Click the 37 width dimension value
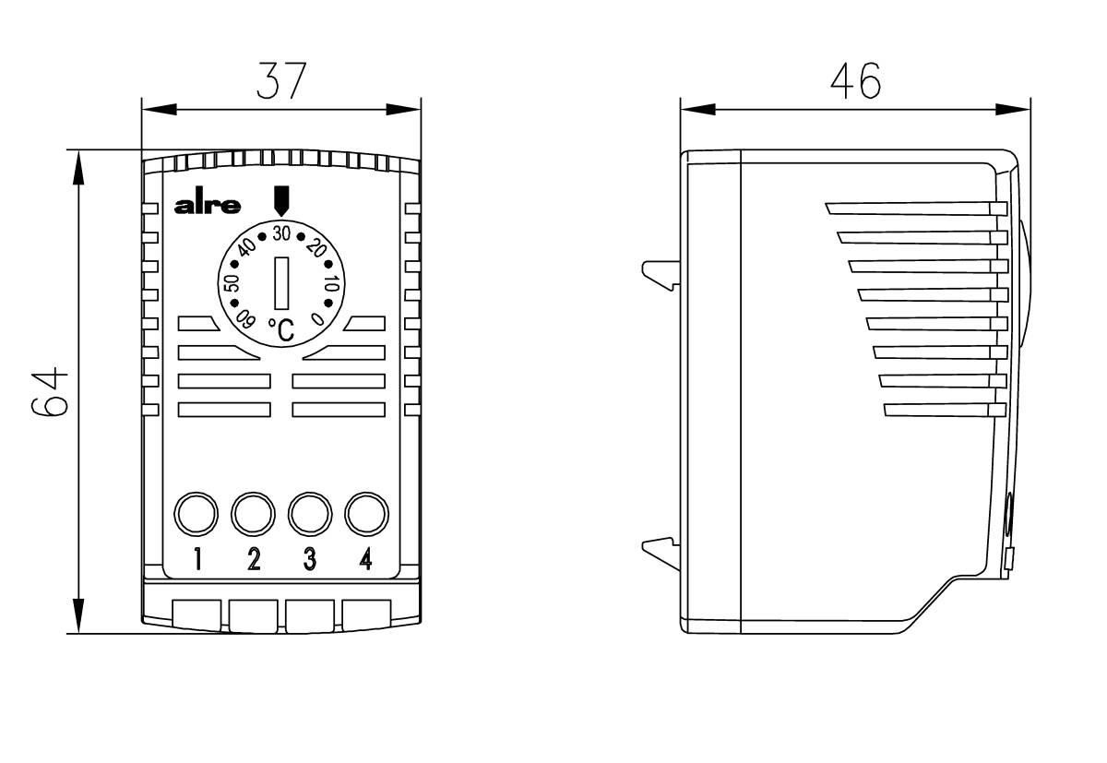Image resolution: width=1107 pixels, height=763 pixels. (x=280, y=81)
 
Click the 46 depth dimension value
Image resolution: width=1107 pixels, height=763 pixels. (x=854, y=81)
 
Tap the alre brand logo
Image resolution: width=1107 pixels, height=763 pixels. (x=208, y=206)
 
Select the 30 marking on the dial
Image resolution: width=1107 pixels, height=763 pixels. (x=281, y=231)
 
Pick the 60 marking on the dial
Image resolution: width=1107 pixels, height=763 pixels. (x=244, y=320)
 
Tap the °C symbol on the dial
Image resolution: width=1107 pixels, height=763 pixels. (x=281, y=329)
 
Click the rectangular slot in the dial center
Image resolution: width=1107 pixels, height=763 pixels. (x=282, y=282)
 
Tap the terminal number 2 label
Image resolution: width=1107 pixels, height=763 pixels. (x=254, y=559)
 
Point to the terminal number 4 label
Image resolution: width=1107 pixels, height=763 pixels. (x=365, y=559)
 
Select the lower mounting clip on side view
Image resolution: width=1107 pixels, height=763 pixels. (x=661, y=553)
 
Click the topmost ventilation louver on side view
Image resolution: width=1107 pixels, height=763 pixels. (x=913, y=209)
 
